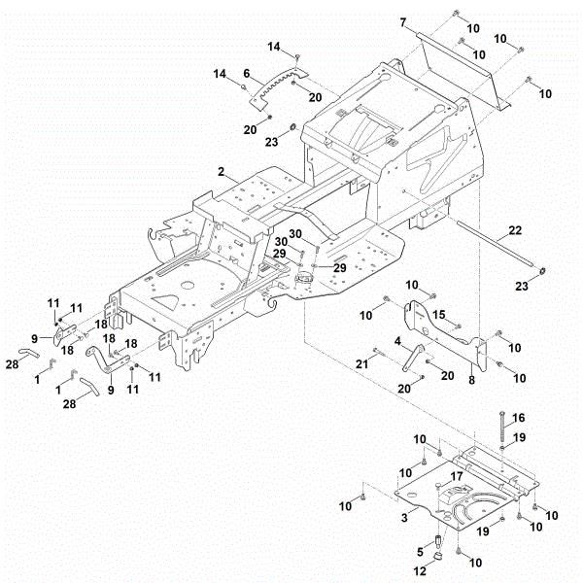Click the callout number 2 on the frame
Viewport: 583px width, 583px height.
[x=223, y=172]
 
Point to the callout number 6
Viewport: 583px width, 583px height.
[x=247, y=73]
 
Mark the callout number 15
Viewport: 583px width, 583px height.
[x=438, y=314]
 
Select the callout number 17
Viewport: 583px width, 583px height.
[x=454, y=475]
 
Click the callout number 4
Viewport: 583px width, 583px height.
[x=397, y=341]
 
